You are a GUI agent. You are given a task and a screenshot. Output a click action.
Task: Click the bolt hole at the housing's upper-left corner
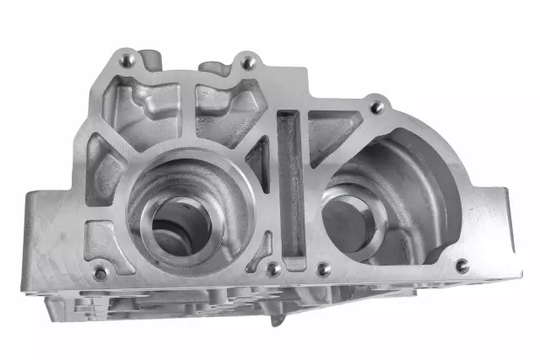(x=127, y=60)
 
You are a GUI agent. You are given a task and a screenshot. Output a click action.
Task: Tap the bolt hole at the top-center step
(x=247, y=62)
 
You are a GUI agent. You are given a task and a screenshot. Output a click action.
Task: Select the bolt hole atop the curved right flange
(x=377, y=107)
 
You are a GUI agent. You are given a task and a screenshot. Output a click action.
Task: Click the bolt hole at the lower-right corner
(x=462, y=266)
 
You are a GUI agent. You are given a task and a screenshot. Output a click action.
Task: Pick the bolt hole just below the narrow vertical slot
(x=273, y=269)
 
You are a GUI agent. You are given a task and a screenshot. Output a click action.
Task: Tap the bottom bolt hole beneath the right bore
(x=322, y=270)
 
